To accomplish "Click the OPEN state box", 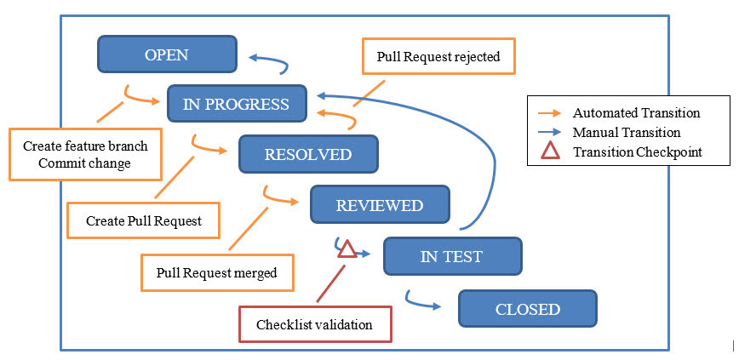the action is [x=167, y=54].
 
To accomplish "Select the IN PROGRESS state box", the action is [x=237, y=104].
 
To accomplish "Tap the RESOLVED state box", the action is [x=309, y=154].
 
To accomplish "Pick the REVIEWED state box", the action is [x=380, y=204].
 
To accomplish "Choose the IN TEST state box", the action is [x=452, y=256].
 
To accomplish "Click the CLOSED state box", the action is [x=528, y=309].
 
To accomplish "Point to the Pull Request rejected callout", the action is [x=438, y=56].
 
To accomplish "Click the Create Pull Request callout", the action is [x=144, y=220].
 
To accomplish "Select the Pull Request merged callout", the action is [x=217, y=272].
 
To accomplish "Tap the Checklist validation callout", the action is [x=315, y=324].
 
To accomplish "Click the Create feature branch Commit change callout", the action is [x=85, y=154].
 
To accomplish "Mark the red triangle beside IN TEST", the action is [x=347, y=249].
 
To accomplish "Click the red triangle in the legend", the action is [x=551, y=151].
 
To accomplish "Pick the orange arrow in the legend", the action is [x=549, y=113].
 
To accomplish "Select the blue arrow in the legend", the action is [x=549, y=133].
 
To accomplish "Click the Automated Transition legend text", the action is [x=636, y=113].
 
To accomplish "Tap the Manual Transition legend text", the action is [x=627, y=133].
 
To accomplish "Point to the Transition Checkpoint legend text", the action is [x=637, y=151].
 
